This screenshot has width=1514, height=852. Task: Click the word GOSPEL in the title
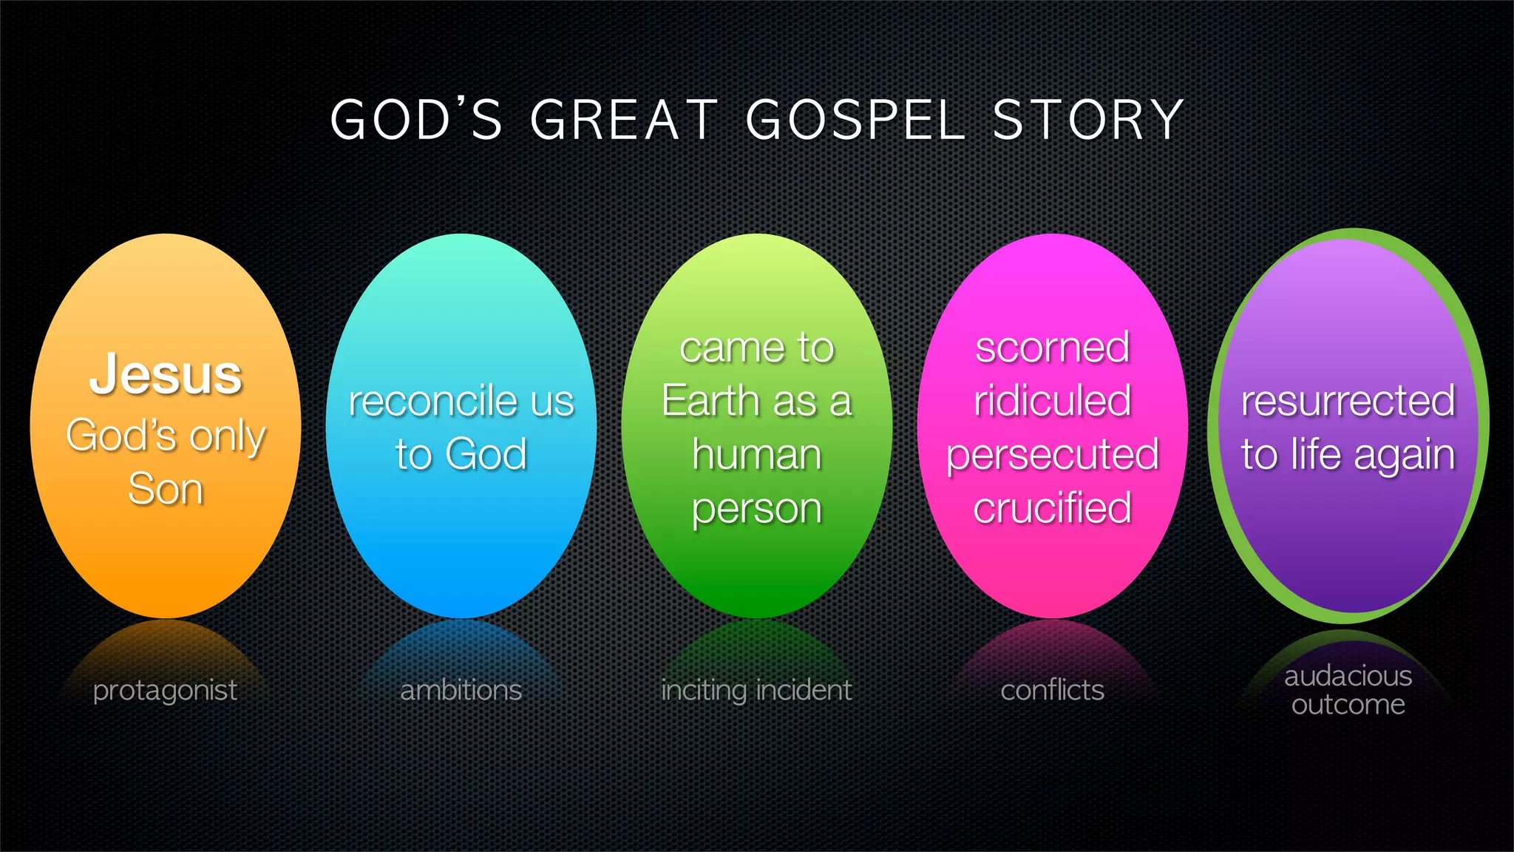click(855, 120)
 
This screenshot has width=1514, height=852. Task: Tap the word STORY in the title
click(1088, 120)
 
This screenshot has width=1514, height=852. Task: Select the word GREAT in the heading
click(624, 120)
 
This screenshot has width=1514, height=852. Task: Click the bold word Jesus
click(166, 374)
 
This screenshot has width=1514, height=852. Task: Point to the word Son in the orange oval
click(166, 489)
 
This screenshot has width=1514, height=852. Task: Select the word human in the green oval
click(756, 454)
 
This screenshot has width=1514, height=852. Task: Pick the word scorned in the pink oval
click(1052, 348)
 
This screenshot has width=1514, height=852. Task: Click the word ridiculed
click(1052, 402)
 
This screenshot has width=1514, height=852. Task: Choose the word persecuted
click(1052, 455)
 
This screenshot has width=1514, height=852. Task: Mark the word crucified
click(1052, 508)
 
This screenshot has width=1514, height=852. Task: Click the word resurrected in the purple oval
click(1348, 402)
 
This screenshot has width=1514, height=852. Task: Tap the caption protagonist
click(165, 691)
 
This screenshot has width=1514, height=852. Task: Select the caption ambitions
click(461, 691)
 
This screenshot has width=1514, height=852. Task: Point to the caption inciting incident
click(756, 691)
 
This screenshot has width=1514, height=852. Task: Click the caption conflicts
click(1052, 691)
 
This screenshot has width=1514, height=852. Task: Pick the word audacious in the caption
click(1348, 676)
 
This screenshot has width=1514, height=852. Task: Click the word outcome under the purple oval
click(1348, 705)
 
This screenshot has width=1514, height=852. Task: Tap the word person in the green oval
click(756, 509)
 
